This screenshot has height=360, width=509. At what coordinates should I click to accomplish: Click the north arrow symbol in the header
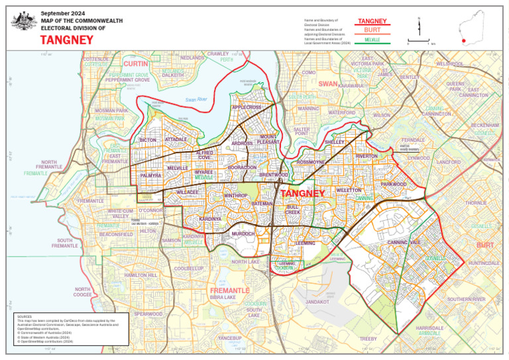pos(419,27)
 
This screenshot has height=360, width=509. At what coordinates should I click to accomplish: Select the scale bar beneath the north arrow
pos(419,41)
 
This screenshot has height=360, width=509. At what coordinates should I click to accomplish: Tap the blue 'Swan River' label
pos(197,99)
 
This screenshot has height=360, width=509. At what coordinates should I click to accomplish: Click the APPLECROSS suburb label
pos(247,107)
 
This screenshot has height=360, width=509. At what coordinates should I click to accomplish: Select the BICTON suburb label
pos(147,141)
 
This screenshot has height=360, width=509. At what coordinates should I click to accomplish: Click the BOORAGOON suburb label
pos(242,168)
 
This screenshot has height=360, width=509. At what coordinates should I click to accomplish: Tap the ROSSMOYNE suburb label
pos(311,162)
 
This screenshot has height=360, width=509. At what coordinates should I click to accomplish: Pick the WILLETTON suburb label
pos(349,190)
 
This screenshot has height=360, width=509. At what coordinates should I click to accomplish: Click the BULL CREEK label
pos(293,209)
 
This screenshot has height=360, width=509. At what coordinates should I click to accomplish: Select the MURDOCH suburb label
pos(243,234)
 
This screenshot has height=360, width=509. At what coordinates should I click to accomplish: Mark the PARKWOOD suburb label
pos(394,184)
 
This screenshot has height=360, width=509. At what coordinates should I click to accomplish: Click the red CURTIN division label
pos(136,64)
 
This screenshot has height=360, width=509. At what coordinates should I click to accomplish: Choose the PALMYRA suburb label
pos(151,176)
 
